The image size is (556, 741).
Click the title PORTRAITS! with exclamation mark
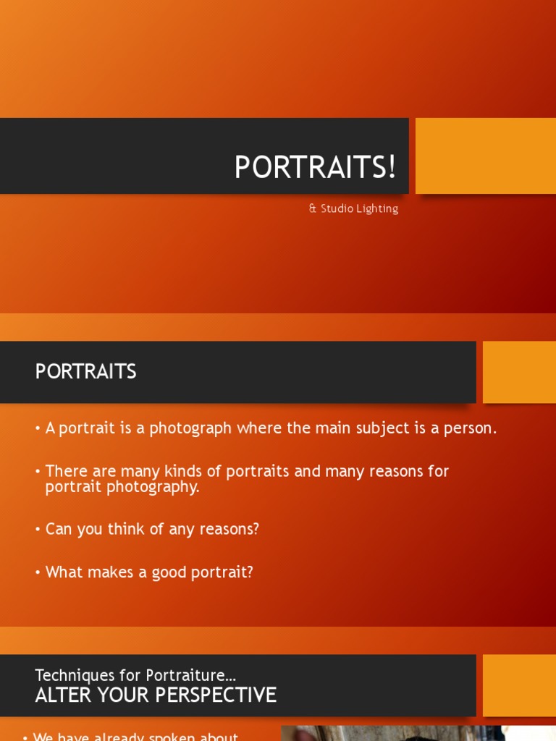coord(315,167)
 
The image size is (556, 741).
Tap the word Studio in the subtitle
coord(338,208)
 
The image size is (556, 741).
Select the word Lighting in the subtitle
coord(378,208)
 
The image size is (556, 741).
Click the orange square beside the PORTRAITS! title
coord(485,156)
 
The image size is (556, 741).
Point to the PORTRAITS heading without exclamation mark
coord(85,371)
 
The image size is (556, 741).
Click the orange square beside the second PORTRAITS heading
coord(519,372)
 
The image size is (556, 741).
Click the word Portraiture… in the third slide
coord(191,675)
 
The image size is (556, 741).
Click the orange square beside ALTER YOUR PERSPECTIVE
coord(519,685)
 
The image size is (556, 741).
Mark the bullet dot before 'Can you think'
coord(38,530)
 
